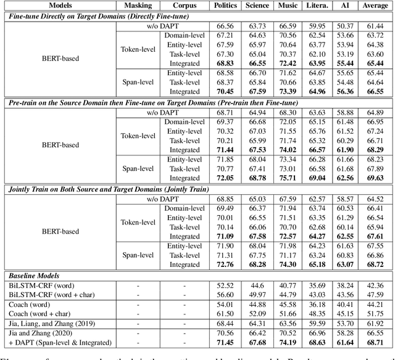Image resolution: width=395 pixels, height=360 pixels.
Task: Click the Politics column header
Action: click(x=225, y=6)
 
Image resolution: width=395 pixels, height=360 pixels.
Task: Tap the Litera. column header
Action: click(x=316, y=6)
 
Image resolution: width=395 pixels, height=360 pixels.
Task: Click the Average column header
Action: click(x=375, y=6)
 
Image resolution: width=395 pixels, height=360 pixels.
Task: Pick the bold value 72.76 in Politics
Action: click(x=225, y=264)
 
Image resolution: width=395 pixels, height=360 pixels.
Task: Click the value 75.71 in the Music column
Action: click(x=288, y=178)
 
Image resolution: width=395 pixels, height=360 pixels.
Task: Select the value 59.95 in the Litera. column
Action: click(x=317, y=27)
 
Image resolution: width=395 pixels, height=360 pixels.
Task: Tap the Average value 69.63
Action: click(x=375, y=178)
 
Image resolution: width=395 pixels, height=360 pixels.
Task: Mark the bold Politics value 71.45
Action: click(x=225, y=342)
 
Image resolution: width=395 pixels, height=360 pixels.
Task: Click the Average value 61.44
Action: click(x=375, y=27)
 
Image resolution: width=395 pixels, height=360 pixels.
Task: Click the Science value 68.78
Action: click(x=257, y=178)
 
